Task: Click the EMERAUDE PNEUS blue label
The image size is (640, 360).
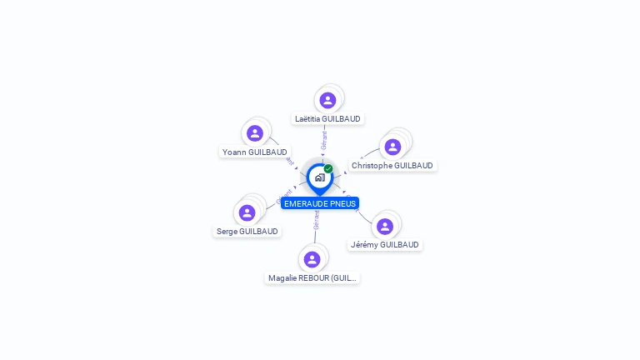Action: pos(320,203)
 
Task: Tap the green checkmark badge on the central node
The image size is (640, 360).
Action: pos(328,169)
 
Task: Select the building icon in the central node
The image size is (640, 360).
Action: pos(319,177)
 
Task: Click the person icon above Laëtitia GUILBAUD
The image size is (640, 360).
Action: pos(327,100)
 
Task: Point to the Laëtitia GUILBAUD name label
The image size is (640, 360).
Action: pos(327,119)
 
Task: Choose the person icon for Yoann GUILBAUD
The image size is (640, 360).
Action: pos(255,133)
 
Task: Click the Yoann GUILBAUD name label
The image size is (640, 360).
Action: pos(255,152)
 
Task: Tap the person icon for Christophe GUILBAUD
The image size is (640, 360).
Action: pos(392,147)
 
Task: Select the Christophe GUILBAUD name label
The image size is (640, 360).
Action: pos(392,166)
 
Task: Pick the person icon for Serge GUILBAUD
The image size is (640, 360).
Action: pos(247,212)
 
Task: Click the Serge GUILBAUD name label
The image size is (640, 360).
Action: pos(247,232)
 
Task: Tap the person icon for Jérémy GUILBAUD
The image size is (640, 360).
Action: pos(384,226)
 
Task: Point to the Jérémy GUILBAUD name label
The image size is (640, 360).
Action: pos(384,245)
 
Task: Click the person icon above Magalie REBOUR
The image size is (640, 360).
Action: pos(312,259)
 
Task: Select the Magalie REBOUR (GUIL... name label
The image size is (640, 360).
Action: pos(312,278)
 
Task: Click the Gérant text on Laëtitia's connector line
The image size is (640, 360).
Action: pos(323,140)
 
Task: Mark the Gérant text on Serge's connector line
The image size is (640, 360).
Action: pos(283,197)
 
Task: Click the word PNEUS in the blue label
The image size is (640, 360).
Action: pos(342,203)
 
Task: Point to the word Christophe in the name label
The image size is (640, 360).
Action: pos(372,166)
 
